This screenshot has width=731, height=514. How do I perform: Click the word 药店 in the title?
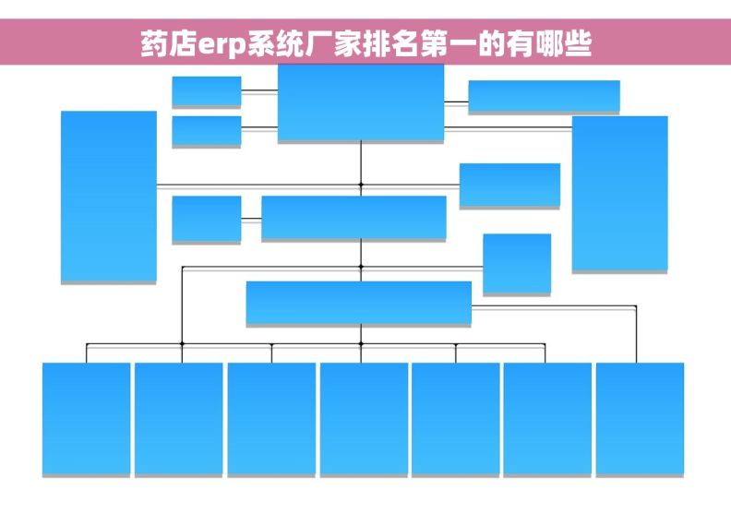[169, 43]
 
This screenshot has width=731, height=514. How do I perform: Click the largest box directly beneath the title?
[361, 102]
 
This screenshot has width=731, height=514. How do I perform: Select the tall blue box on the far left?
[109, 197]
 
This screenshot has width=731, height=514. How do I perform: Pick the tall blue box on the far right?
[620, 194]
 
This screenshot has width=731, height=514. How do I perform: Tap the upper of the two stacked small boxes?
[207, 91]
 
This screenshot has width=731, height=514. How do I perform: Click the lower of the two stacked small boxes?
[207, 131]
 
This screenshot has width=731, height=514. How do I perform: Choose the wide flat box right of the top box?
[544, 96]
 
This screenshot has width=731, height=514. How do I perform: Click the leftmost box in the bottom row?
[86, 419]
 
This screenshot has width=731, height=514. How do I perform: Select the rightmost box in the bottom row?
[641, 419]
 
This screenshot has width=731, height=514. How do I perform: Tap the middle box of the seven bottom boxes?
[364, 419]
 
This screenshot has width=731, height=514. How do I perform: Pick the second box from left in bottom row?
[178, 419]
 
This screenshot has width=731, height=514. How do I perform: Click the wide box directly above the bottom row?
[358, 303]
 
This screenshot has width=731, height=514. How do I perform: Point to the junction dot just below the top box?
[361, 185]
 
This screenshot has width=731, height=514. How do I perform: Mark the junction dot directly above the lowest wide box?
[361, 267]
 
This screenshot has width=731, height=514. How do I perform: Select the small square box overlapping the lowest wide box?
[517, 264]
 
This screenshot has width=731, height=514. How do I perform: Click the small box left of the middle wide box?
[207, 219]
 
